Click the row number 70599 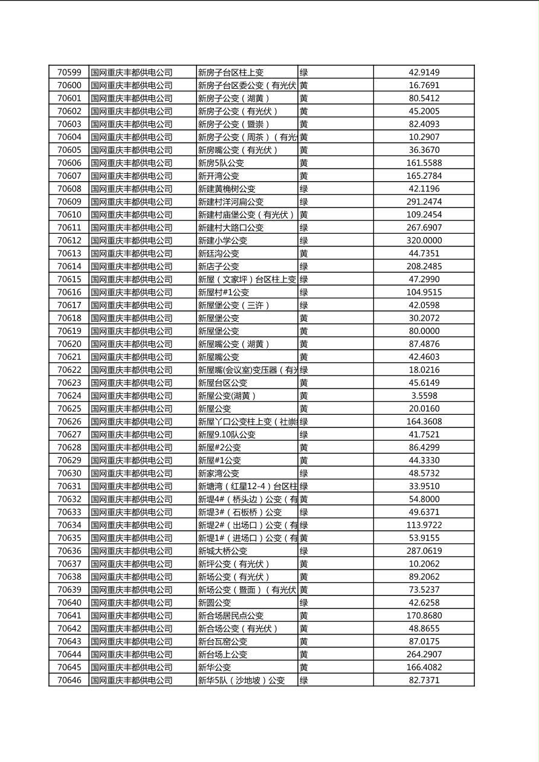click(x=69, y=72)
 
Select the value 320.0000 click(x=424, y=240)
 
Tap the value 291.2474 click(x=424, y=202)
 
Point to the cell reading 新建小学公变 click(x=223, y=240)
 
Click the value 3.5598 click(x=424, y=395)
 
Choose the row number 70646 click(x=69, y=680)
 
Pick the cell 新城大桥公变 click(x=223, y=551)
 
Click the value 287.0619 click(x=424, y=551)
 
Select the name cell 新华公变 click(x=215, y=667)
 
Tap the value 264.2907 click(x=424, y=654)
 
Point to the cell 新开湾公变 click(x=219, y=176)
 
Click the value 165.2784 click(x=424, y=176)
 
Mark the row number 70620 click(x=69, y=344)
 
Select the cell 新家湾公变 click(x=219, y=473)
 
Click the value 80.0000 click(x=424, y=331)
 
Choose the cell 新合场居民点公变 click(x=231, y=615)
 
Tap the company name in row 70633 click(x=132, y=512)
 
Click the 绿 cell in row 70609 click(x=304, y=202)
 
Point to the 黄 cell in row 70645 click(x=304, y=667)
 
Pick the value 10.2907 click(x=424, y=137)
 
